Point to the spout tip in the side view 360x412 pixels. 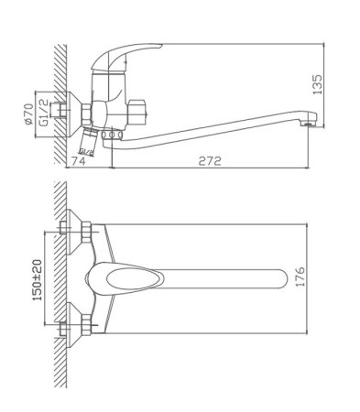click(310, 119)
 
